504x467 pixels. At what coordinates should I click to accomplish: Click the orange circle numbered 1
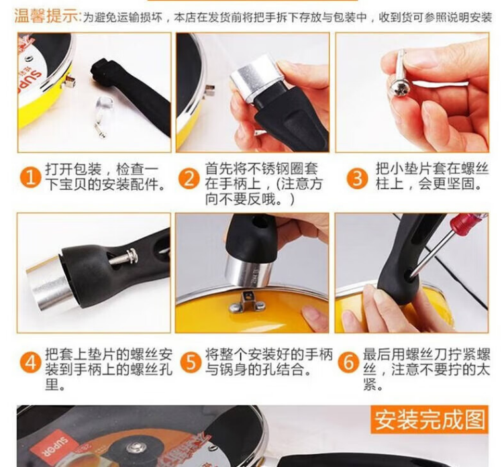click(x=30, y=178)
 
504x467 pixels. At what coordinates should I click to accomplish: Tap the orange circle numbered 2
click(x=189, y=178)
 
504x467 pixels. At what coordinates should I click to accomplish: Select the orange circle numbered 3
click(x=357, y=178)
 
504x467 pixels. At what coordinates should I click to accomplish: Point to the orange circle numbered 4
click(x=31, y=362)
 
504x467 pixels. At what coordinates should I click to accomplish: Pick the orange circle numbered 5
click(x=191, y=362)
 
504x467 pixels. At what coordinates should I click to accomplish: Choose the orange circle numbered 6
click(x=349, y=362)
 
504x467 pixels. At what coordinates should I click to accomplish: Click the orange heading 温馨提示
click(x=46, y=15)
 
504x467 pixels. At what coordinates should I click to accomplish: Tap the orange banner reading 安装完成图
click(x=430, y=419)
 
